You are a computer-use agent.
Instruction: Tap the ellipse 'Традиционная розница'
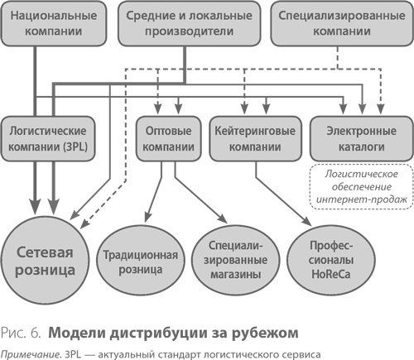coord(142,262)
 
